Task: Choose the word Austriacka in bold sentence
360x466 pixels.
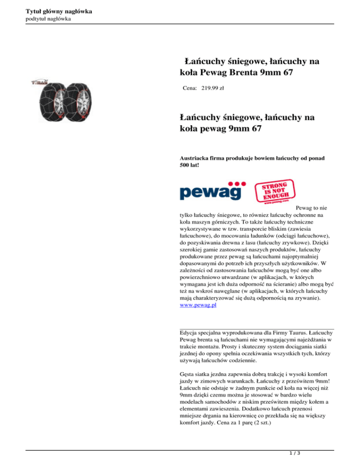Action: pos(196,159)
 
